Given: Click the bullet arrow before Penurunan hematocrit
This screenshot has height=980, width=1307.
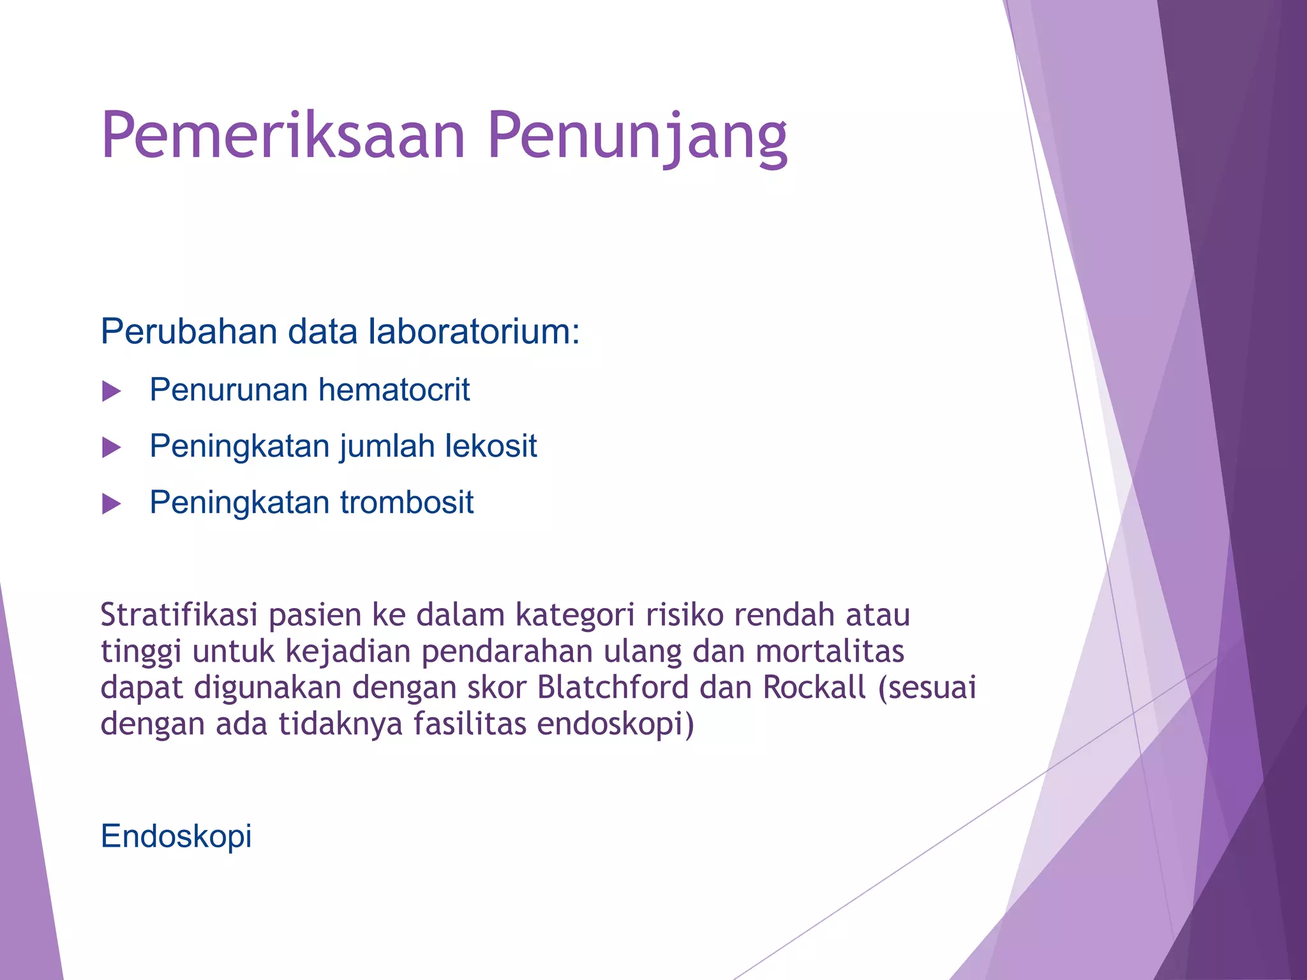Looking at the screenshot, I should pos(111,391).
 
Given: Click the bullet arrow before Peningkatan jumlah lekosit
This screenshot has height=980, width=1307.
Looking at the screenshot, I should pos(111,447).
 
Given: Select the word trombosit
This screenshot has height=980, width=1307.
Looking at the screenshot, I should pos(407,503).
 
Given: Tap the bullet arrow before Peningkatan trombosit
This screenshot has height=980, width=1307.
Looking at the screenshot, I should pos(111,504).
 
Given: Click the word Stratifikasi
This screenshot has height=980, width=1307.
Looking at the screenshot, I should pos(179,615).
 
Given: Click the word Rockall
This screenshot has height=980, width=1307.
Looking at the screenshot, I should pos(814,688).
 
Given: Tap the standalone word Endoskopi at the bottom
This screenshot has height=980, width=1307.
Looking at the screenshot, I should pos(176,836).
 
